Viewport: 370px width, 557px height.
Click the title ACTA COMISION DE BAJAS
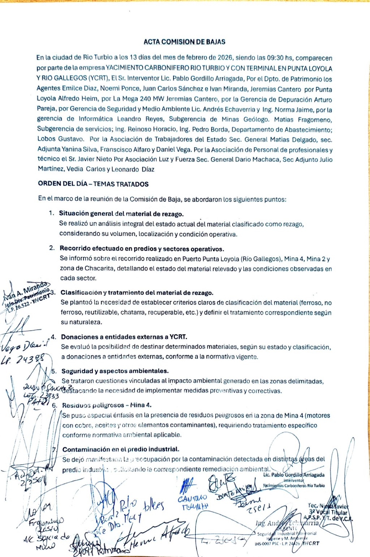point(184,42)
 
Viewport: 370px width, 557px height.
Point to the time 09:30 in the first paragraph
point(275,58)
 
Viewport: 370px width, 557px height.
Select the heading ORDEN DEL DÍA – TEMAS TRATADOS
point(93,184)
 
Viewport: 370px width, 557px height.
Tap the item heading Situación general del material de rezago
point(121,214)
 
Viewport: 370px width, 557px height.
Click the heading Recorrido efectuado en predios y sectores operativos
point(142,249)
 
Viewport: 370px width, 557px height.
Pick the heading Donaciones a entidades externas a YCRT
point(124,337)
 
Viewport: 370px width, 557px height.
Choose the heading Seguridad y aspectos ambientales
point(115,371)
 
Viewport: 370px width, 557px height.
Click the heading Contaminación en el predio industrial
point(121,450)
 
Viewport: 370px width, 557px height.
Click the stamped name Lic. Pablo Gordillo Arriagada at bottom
point(294,475)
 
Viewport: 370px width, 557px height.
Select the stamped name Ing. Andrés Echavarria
point(288,523)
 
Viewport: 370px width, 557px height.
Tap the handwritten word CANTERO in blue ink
point(192,498)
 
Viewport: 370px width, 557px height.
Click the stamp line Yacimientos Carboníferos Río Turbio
point(294,486)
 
